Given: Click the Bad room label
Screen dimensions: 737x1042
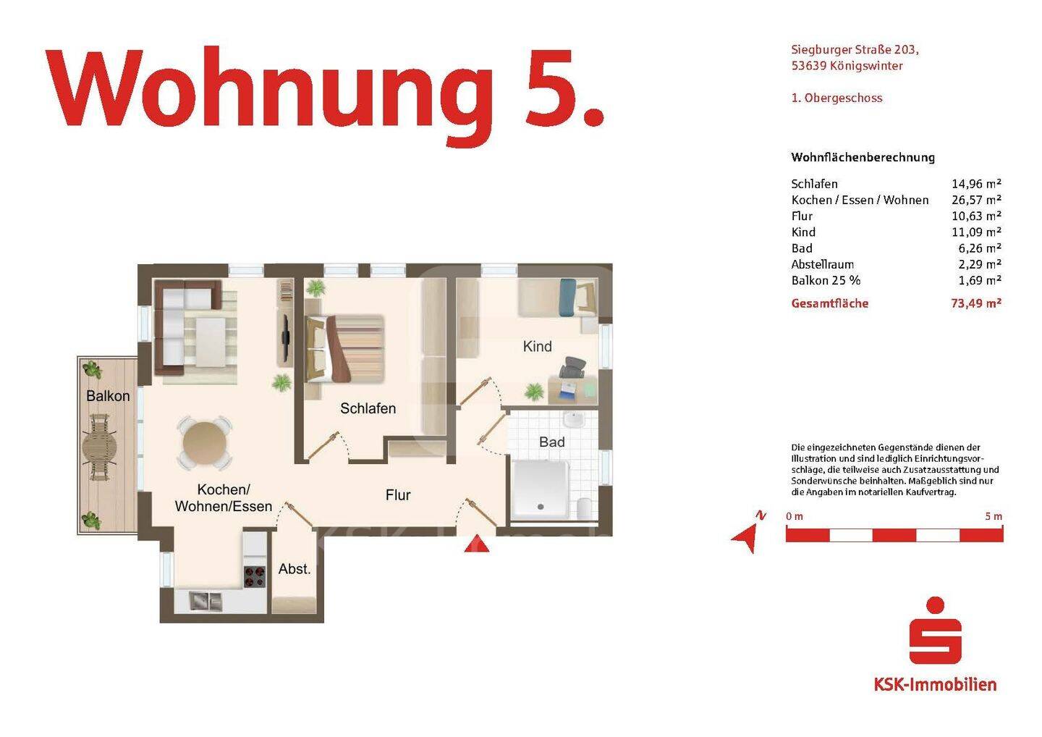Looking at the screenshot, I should click(551, 442).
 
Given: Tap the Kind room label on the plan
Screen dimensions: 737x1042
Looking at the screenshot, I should click(537, 347).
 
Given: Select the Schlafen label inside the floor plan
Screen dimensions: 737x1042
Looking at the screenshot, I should click(368, 408).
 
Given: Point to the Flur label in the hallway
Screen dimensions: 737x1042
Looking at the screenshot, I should click(398, 495).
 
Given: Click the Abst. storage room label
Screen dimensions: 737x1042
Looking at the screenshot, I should click(295, 569).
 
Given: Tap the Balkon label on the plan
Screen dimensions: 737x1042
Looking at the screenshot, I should click(108, 396).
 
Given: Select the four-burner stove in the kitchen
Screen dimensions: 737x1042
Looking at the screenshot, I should click(254, 576).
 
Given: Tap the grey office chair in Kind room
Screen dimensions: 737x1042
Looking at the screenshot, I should click(573, 368).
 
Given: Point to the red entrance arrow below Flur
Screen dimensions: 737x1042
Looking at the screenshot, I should click(476, 543).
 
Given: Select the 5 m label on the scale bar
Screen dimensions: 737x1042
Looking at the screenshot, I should click(994, 516).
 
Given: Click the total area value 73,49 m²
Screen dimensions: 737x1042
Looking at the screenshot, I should click(975, 303).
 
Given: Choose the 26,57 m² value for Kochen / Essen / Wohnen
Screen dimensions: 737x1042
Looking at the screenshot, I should click(975, 200).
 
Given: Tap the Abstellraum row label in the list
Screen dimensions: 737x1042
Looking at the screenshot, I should click(822, 264).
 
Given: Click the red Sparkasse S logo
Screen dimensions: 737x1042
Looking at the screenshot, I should click(935, 631).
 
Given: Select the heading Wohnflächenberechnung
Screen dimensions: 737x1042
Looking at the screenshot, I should click(863, 157).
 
